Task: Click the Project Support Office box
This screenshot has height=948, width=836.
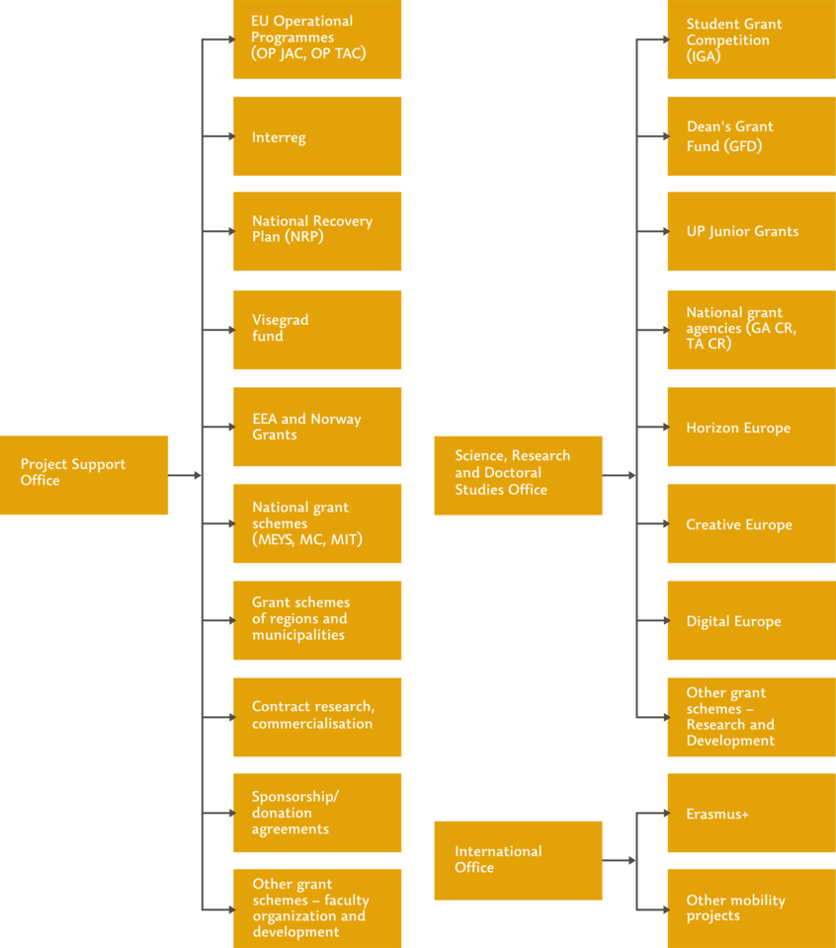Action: click(x=84, y=475)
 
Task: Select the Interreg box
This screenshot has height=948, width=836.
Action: click(x=317, y=136)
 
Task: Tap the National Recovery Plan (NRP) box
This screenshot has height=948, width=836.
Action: click(x=317, y=231)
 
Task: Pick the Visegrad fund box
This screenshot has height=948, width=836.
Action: click(x=317, y=330)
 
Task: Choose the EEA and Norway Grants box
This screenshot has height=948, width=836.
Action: click(x=317, y=427)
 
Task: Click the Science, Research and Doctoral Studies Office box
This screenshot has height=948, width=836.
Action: click(x=518, y=475)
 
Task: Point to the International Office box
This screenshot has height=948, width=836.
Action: click(x=518, y=860)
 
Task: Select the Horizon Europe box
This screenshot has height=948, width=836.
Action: click(x=752, y=427)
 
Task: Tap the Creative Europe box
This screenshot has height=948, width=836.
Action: click(x=752, y=523)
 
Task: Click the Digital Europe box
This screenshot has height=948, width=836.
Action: click(x=752, y=620)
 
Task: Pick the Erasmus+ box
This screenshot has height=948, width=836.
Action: click(x=752, y=813)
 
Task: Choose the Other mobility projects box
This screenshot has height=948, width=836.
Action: click(x=752, y=908)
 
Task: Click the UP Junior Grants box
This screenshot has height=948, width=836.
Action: click(x=752, y=231)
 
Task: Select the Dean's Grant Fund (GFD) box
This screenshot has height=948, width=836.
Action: click(x=752, y=136)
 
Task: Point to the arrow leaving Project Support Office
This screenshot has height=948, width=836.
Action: click(x=185, y=475)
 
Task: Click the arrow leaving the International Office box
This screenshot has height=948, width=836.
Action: click(x=619, y=860)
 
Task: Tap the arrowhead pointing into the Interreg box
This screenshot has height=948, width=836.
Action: click(x=231, y=136)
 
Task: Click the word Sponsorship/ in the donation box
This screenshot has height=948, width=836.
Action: click(x=295, y=796)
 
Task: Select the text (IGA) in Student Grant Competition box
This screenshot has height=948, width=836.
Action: click(x=704, y=56)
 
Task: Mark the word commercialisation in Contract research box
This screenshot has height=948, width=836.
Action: click(x=312, y=723)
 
